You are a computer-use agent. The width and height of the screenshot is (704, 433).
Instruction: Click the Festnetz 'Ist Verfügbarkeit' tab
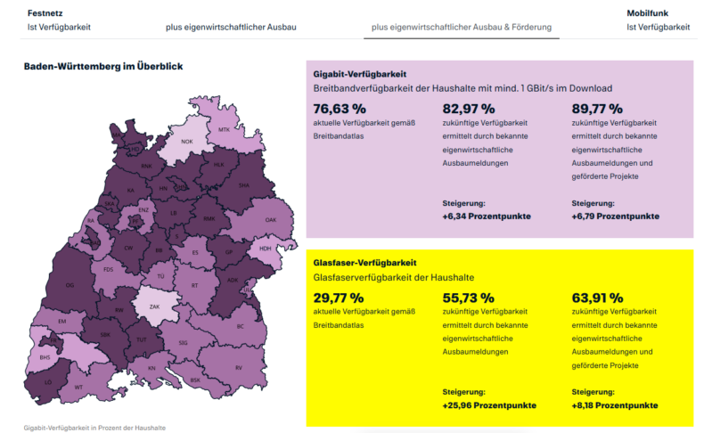[x=59, y=27]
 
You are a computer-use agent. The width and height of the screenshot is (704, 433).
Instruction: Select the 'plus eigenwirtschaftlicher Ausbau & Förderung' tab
[x=462, y=27]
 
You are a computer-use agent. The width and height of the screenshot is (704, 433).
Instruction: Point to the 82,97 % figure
[x=468, y=109]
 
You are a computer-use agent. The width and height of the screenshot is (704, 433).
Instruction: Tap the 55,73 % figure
[x=468, y=298]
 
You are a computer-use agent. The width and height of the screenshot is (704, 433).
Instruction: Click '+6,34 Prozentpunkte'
[x=486, y=216]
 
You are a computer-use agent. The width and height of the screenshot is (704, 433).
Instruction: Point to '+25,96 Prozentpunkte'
[x=489, y=405]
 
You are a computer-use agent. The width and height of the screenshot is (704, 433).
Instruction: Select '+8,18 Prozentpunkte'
[x=615, y=405]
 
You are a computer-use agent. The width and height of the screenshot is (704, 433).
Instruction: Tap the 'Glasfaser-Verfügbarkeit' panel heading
[x=365, y=263]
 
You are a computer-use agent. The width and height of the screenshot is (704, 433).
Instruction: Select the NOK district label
[x=187, y=142]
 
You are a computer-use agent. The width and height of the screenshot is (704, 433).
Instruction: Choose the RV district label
[x=239, y=368]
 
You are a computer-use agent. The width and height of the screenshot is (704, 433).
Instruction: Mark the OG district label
[x=70, y=285]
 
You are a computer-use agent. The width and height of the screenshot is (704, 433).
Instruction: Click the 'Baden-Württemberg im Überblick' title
[x=103, y=66]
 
